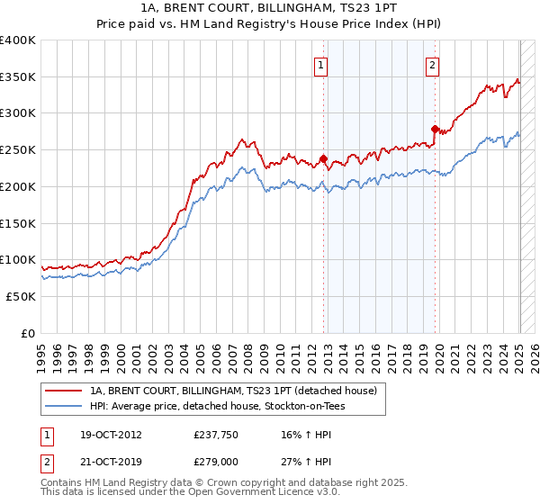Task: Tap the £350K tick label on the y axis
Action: (x=18, y=77)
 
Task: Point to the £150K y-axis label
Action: (x=18, y=223)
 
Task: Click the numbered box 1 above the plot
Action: (x=321, y=64)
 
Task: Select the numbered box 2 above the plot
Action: (x=433, y=64)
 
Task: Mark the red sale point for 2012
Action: (x=323, y=159)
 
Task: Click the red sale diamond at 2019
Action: (x=435, y=129)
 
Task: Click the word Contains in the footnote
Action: (x=63, y=484)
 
